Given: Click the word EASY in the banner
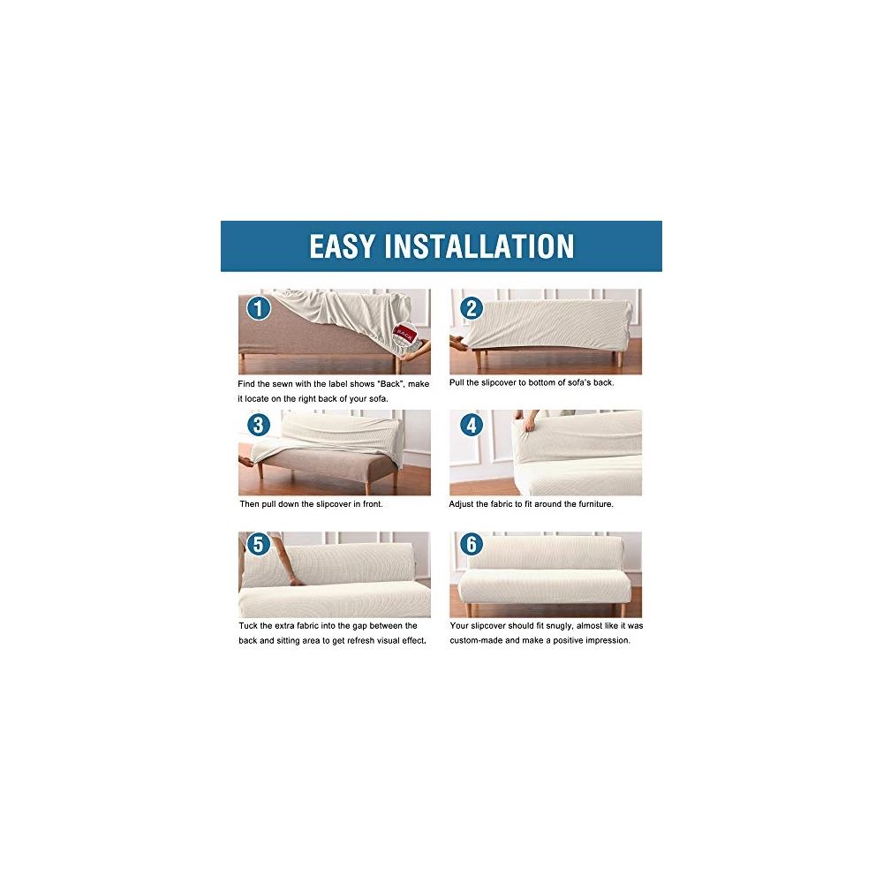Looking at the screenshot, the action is coord(342,246).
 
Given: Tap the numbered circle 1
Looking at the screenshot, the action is coord(259,308).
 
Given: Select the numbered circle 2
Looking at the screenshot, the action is coord(472,308).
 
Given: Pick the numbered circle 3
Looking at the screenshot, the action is coord(259,425).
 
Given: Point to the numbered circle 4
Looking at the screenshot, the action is coord(472,425).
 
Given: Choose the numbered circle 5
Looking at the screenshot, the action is coord(259,544).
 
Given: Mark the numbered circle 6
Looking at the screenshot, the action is coord(472,544).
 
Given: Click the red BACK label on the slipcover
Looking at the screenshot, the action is coord(404,334).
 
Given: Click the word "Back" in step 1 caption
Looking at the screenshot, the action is coord(389,384).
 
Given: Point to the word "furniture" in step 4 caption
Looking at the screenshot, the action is coord(594,504).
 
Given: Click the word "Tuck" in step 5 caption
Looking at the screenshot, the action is coord(248,626).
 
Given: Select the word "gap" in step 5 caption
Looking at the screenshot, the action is coord(359,626).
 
